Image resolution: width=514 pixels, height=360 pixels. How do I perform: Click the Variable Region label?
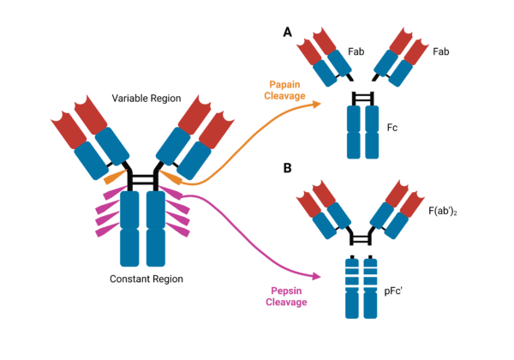pos(146,98)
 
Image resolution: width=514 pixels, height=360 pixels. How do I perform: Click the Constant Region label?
pos(146,279)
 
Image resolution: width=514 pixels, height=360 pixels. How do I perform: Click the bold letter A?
pos(288,33)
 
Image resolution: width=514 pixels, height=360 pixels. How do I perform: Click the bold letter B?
pos(288,168)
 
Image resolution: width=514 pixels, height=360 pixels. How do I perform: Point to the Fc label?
pos(392,128)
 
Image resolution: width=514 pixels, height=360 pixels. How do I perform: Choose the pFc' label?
pos(395,268)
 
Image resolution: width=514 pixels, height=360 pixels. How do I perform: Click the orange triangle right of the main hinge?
pos(170,178)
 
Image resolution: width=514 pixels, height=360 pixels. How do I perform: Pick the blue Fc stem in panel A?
pos(361,132)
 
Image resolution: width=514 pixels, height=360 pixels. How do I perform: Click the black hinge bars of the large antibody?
pos(142,180)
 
